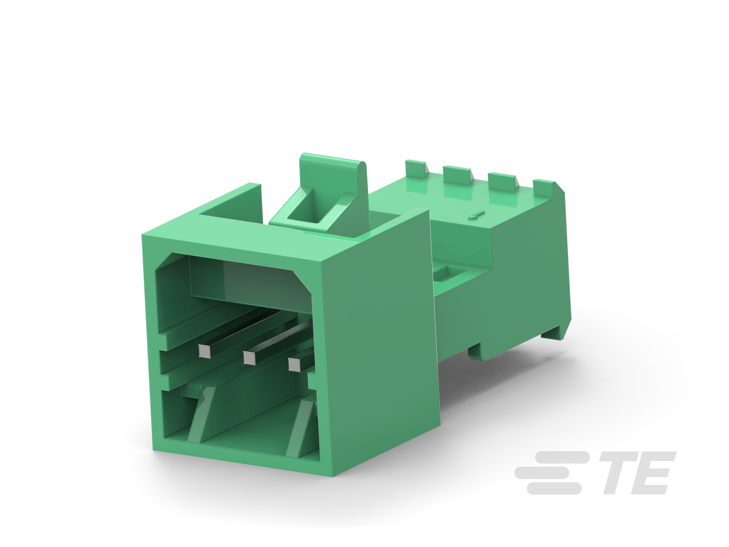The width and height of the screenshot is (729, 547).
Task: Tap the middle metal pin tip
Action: (249, 358)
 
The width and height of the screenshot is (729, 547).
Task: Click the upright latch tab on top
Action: (333, 185)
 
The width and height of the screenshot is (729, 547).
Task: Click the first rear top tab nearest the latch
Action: (417, 167)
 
